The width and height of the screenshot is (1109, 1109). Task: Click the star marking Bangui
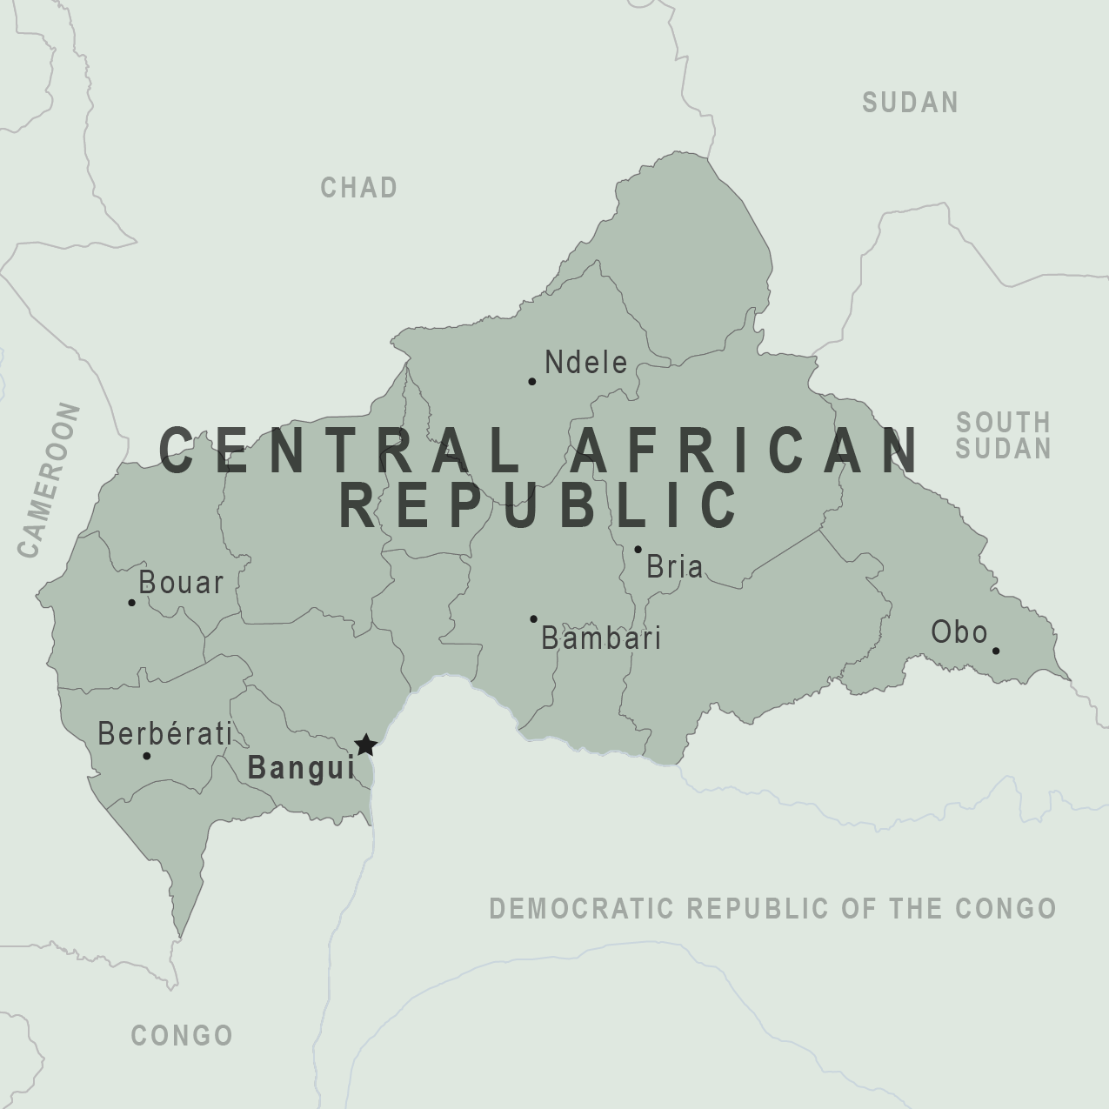pos(365,745)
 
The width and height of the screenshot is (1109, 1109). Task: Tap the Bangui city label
pos(301,768)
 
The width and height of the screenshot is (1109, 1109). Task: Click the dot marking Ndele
pos(532,381)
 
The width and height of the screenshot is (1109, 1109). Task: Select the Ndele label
pos(585,363)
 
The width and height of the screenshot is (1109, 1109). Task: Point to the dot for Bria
pos(638,550)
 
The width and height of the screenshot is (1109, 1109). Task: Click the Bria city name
pos(675,567)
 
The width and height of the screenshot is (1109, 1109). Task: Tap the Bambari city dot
pos(533,619)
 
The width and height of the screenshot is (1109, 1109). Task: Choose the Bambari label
pos(601,638)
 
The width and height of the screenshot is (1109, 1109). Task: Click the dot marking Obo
pos(996,651)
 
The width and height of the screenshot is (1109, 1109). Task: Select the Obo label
pos(959,632)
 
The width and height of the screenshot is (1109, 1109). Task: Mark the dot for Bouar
pos(131,602)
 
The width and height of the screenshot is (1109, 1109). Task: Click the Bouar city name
pos(181,583)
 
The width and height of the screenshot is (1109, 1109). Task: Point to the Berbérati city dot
pos(146,756)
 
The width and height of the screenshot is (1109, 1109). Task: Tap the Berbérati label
pos(164,734)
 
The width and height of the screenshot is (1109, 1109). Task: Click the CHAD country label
pos(359,187)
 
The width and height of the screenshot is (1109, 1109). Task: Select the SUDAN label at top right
pos(910,103)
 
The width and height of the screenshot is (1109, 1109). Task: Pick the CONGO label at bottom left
pos(182,1035)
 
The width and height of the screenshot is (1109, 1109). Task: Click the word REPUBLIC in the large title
pos(539,504)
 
